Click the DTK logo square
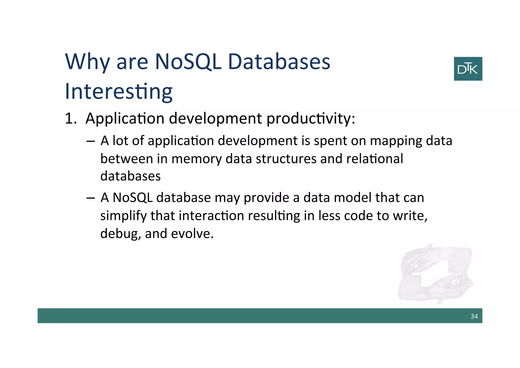pos(468,69)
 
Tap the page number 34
pos(474,316)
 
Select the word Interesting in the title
pos(119,92)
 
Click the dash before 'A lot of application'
pos(90,141)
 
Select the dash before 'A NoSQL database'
pos(90,198)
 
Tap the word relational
pos(374,159)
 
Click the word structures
pos(286,159)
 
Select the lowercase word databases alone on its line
pos(130,176)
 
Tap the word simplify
pos(123,216)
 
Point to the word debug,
pos(120,234)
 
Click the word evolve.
pos(192,234)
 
